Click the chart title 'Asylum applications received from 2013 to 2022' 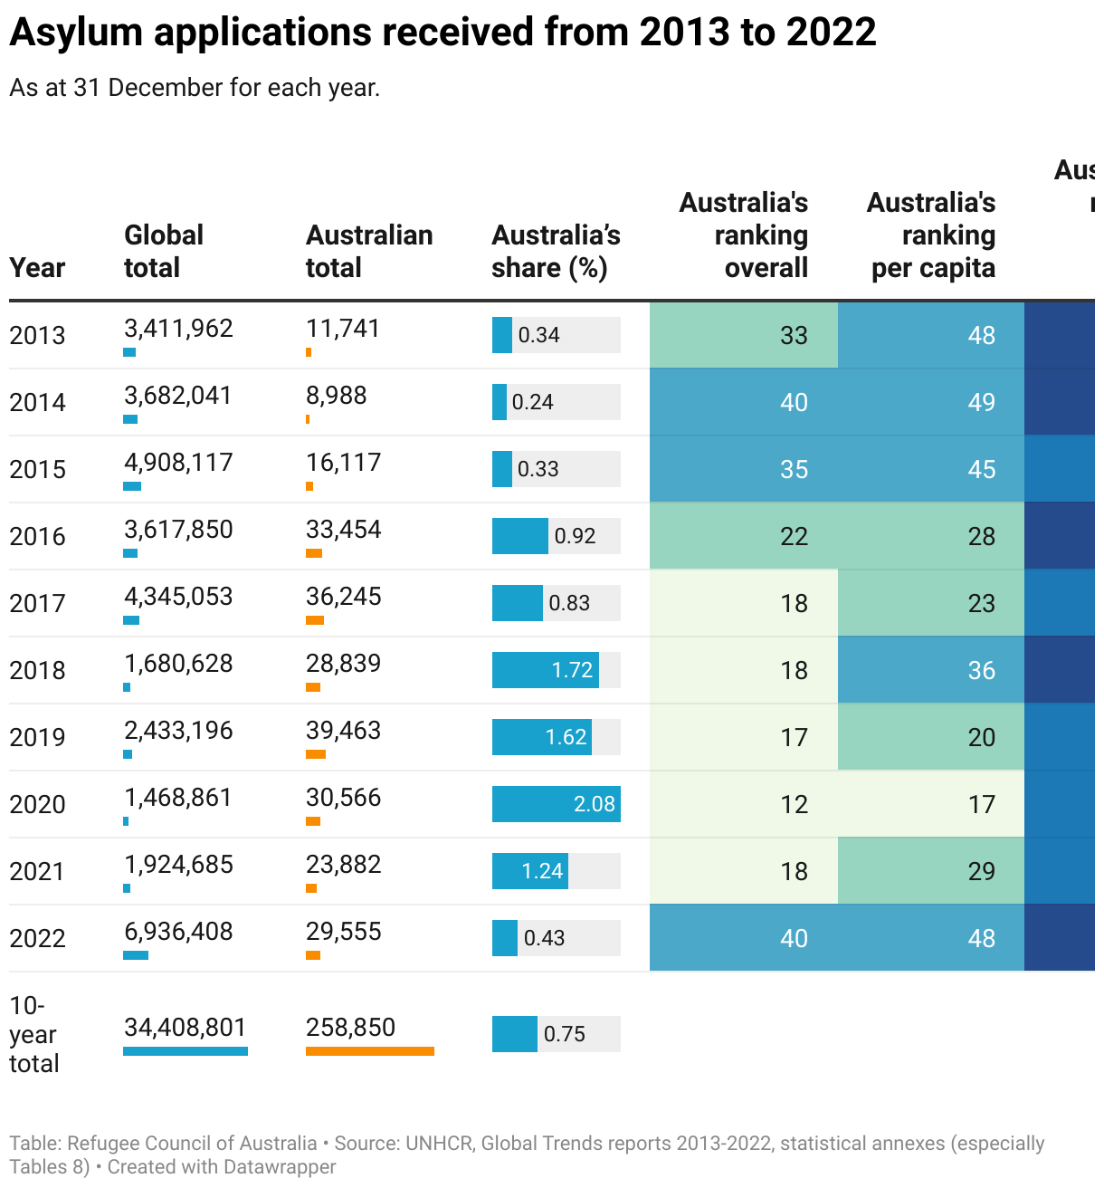pyautogui.click(x=443, y=33)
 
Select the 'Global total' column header pyautogui.click(x=163, y=251)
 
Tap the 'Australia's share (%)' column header pyautogui.click(x=556, y=251)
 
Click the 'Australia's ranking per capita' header pyautogui.click(x=931, y=235)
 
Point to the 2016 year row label pyautogui.click(x=37, y=536)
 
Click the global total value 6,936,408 pyautogui.click(x=178, y=932)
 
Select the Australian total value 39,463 pyautogui.click(x=343, y=731)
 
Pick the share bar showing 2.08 pyautogui.click(x=556, y=804)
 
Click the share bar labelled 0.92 pyautogui.click(x=520, y=536)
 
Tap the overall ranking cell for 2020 pyautogui.click(x=744, y=804)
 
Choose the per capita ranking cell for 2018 pyautogui.click(x=931, y=670)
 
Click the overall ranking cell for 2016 pyautogui.click(x=744, y=536)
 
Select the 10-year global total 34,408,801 pyautogui.click(x=185, y=1028)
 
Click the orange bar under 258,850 pyautogui.click(x=369, y=1051)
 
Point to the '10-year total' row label pyautogui.click(x=33, y=1034)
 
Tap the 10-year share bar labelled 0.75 pyautogui.click(x=515, y=1034)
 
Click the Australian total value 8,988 pyautogui.click(x=336, y=396)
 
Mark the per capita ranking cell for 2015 pyautogui.click(x=931, y=469)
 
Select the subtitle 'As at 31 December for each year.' pyautogui.click(x=195, y=88)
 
